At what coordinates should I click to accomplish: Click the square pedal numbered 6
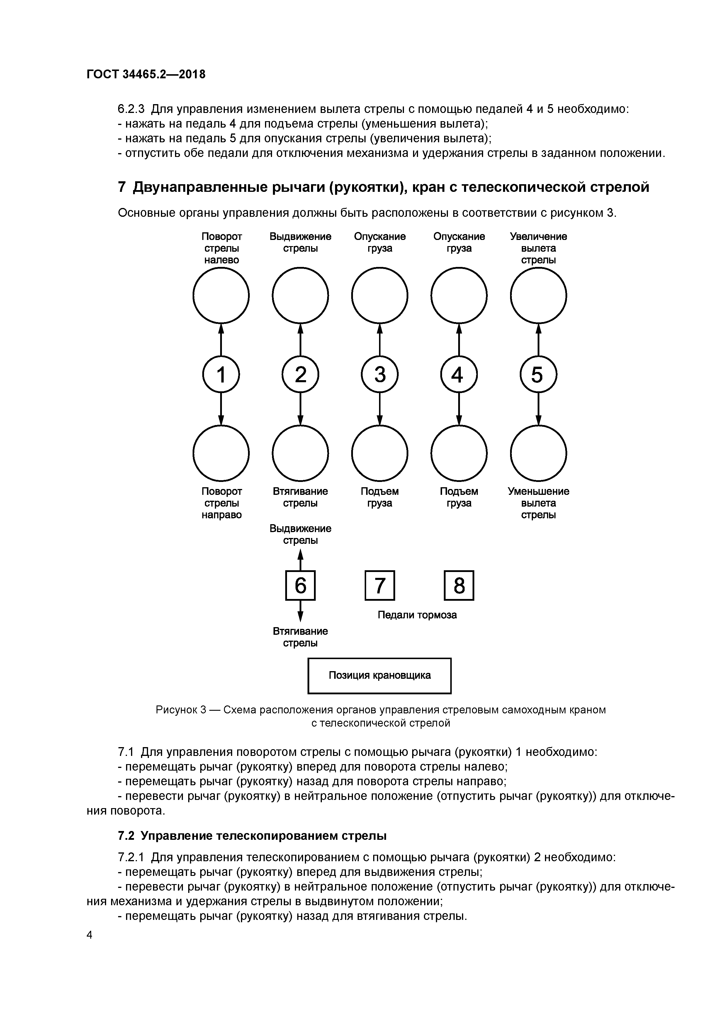click(x=300, y=585)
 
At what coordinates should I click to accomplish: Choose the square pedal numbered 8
click(x=459, y=585)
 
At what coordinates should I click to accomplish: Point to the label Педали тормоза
click(x=417, y=615)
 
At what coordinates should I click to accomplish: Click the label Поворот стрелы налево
click(x=221, y=248)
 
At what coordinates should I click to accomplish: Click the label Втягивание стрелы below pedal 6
click(x=300, y=637)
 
